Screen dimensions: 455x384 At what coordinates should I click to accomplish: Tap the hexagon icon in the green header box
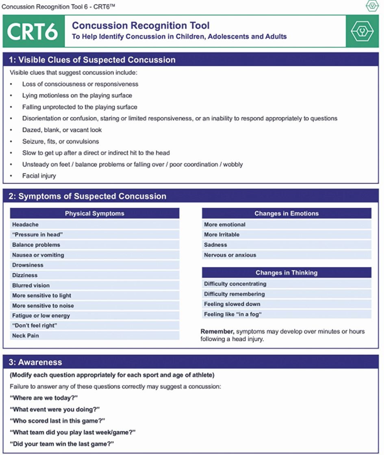(362, 32)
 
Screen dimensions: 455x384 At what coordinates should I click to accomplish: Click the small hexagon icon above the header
(372, 6)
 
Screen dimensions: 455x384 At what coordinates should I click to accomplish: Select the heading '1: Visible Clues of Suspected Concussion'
(92, 60)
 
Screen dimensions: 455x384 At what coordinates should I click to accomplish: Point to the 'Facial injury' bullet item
(39, 176)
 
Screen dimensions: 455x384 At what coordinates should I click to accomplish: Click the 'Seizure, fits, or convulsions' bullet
(61, 141)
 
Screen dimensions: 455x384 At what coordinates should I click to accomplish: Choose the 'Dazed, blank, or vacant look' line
(62, 130)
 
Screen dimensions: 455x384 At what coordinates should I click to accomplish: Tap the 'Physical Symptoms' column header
(94, 213)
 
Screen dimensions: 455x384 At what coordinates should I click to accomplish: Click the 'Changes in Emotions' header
(286, 213)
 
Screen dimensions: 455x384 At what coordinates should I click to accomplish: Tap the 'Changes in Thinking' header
(286, 273)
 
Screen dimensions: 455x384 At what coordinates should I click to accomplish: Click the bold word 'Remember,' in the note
(218, 332)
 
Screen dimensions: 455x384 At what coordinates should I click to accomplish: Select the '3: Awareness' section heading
(36, 362)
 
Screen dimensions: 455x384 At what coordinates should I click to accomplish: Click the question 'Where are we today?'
(43, 398)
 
